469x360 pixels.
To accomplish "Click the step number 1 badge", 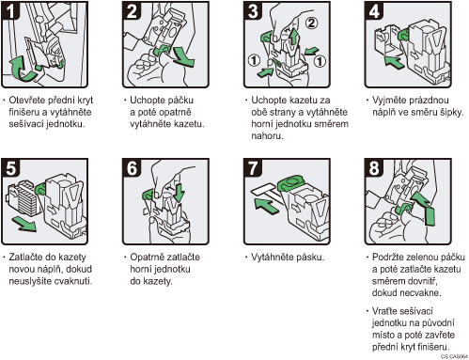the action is [x=10, y=10].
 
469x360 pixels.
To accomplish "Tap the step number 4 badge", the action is [x=374, y=10].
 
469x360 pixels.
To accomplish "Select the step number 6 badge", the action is [x=132, y=167].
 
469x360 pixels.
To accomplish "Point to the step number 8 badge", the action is [x=374, y=167].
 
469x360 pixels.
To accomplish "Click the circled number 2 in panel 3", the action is [x=311, y=23].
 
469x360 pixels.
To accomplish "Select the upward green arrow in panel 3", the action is [x=293, y=37].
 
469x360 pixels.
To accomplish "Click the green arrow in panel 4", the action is [x=394, y=61].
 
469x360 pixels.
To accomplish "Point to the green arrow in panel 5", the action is [x=24, y=225].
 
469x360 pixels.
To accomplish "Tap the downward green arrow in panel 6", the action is [x=179, y=193].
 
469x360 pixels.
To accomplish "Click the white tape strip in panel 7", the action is [x=266, y=193].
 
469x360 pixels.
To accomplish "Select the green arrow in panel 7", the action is [x=266, y=207].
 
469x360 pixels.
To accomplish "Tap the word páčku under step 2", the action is [x=180, y=101].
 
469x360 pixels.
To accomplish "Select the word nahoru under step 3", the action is [x=267, y=136].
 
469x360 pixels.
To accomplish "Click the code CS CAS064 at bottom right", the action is [x=454, y=356].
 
